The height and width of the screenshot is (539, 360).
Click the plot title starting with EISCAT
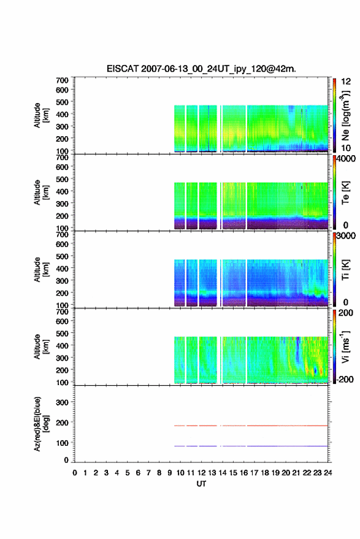coord(201,69)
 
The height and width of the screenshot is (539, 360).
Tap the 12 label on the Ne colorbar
coord(347,82)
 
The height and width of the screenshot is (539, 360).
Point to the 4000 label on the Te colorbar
coord(346,159)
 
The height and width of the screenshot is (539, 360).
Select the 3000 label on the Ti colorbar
coord(346,236)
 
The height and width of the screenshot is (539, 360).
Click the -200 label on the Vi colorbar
coord(345,380)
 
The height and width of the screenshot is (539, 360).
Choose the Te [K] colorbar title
coord(345,193)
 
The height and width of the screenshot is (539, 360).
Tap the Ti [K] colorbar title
coord(345,270)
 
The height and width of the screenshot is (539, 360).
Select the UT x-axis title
coord(201,484)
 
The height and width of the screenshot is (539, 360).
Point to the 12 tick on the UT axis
coord(202,473)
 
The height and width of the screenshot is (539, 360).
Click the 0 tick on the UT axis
coord(75,473)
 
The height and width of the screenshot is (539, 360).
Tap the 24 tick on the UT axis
coord(328,473)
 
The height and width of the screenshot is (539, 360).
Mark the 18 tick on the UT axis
coord(265,473)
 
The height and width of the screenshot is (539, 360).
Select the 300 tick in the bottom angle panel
coord(62,402)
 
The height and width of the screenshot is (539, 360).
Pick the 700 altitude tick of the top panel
coord(62,80)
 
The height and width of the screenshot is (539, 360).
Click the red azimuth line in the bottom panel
coord(251,426)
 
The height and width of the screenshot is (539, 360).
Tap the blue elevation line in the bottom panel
coord(251,446)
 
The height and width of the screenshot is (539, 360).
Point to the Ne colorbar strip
coord(335,115)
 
